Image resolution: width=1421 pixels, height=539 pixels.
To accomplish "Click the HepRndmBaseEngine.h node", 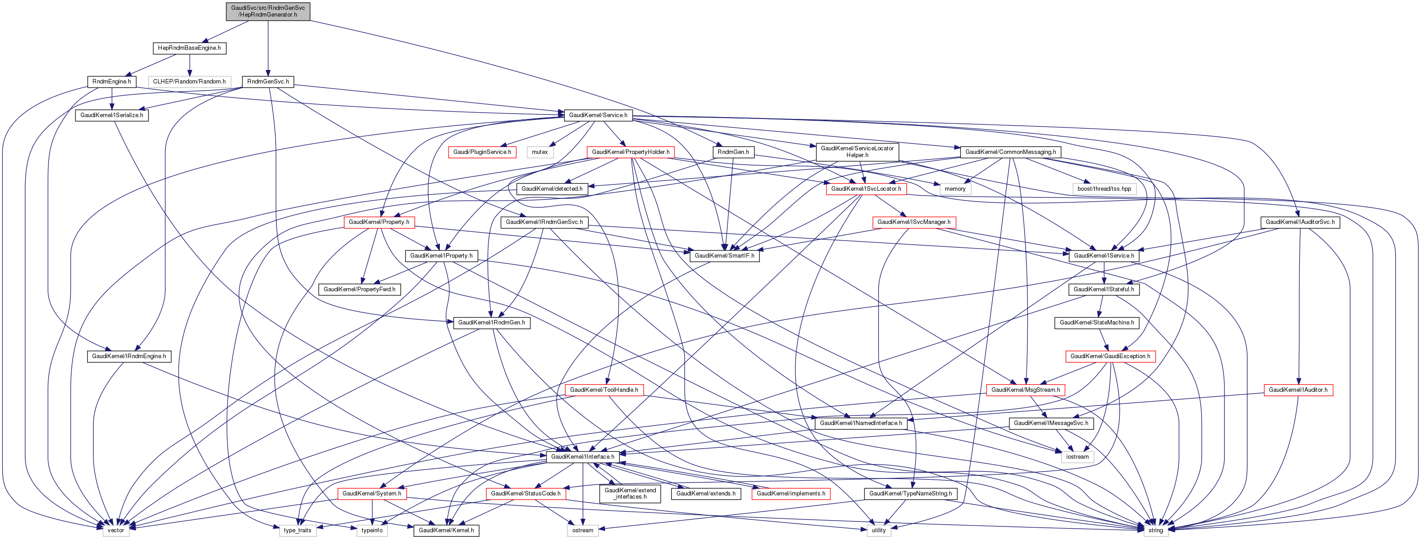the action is click(189, 48).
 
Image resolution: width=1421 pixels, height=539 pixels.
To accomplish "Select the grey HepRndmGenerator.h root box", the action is click(268, 11).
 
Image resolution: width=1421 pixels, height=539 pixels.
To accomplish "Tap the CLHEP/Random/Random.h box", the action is click(189, 82).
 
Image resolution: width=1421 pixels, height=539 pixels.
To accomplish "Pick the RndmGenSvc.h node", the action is click(268, 82).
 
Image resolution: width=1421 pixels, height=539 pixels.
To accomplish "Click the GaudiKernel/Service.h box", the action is click(598, 115).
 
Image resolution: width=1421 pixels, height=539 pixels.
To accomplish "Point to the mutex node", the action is click(540, 152).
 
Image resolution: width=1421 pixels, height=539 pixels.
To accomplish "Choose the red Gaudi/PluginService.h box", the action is click(482, 152).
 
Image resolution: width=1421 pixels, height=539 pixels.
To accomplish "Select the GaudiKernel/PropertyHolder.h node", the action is click(631, 152).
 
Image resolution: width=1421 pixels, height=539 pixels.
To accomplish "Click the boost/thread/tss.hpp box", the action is click(1105, 188).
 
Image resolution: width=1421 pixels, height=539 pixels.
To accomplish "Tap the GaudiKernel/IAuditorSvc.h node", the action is click(1300, 222).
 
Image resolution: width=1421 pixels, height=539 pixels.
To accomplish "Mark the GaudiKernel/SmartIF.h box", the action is click(724, 256).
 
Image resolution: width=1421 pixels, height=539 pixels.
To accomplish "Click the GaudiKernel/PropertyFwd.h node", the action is click(359, 289).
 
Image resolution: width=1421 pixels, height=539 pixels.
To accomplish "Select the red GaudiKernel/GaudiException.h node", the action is click(1110, 356).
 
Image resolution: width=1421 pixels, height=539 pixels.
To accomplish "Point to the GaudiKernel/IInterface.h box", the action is click(583, 457).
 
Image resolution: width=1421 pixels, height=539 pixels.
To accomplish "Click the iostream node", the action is click(1077, 457).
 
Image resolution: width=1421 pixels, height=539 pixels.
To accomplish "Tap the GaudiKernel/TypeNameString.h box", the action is click(910, 494).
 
